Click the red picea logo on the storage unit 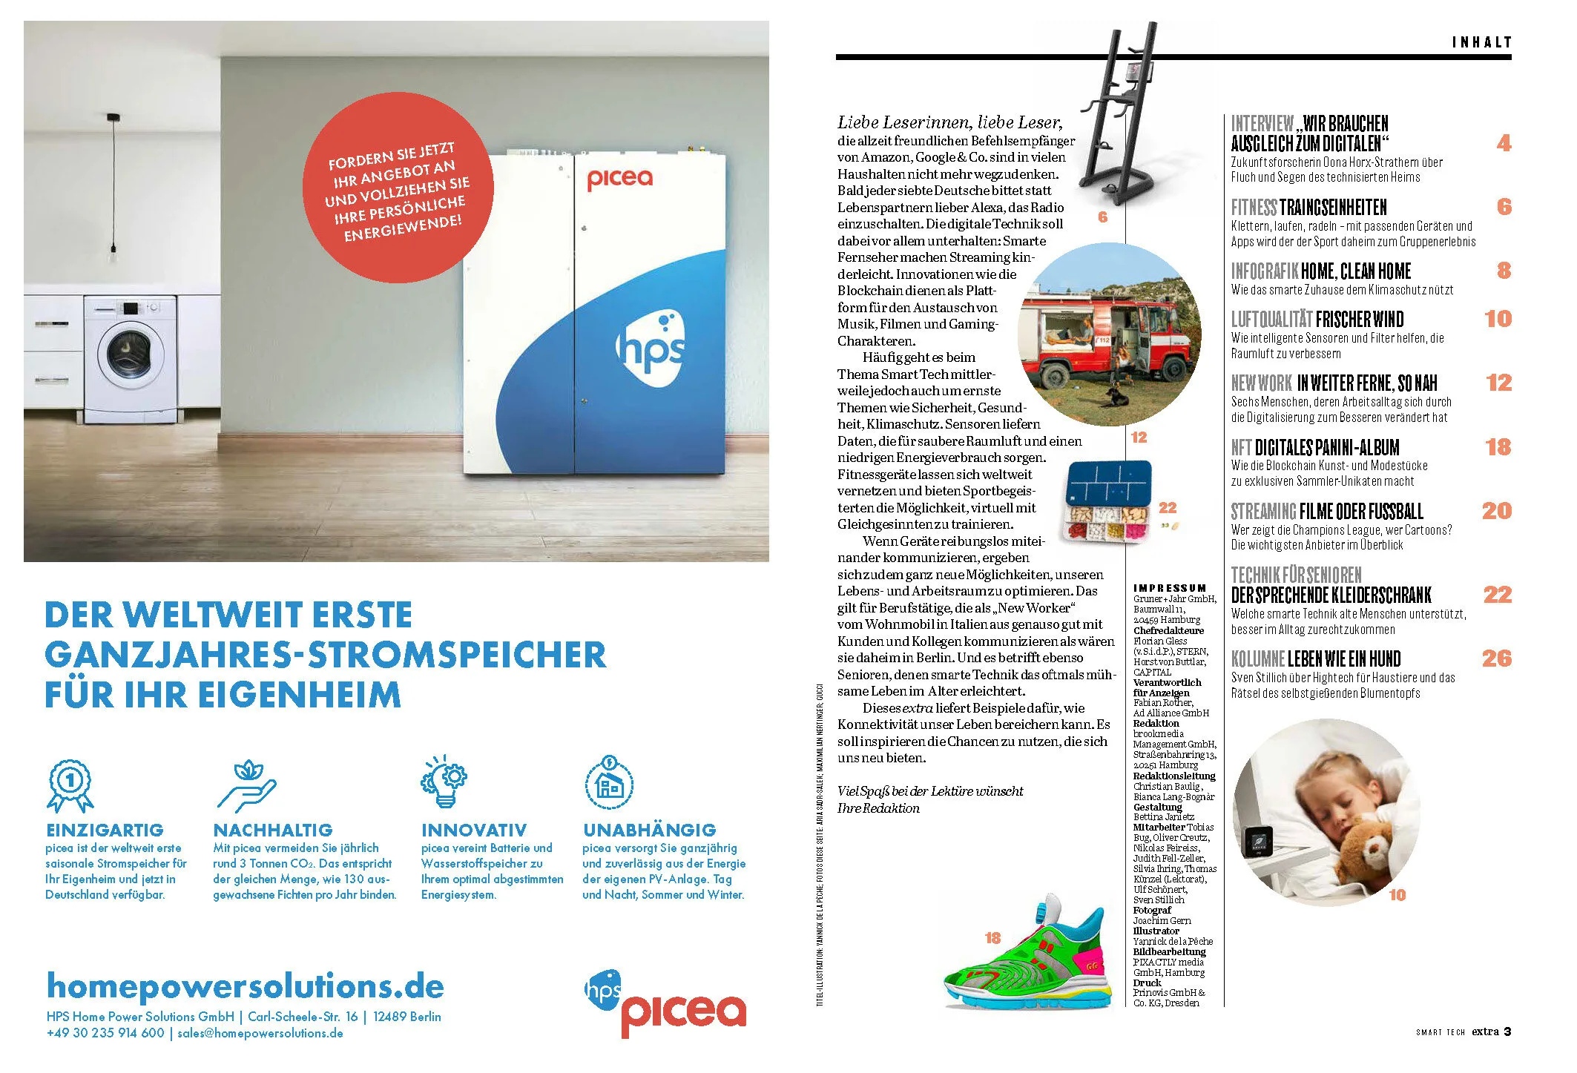pos(619,179)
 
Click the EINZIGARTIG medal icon pos(70,785)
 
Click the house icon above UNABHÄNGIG pos(608,782)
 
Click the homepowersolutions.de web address pos(245,986)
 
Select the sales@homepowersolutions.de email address pos(260,1033)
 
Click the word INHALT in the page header pos(1481,42)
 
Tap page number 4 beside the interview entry pos(1504,143)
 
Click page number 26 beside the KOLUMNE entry pos(1496,658)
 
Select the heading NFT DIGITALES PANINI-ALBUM pos(1315,447)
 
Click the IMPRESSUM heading pos(1170,588)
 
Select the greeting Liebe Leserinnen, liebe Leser pos(949,122)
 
